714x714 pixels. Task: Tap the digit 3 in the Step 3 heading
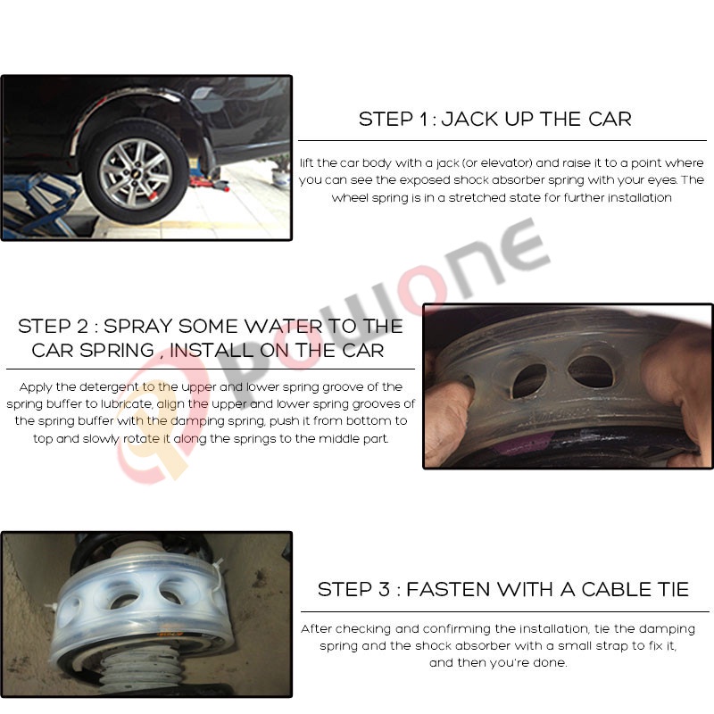384,590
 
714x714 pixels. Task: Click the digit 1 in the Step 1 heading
424,120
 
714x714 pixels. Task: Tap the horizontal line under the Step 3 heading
505,612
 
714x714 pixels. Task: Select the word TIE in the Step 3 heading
673,590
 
